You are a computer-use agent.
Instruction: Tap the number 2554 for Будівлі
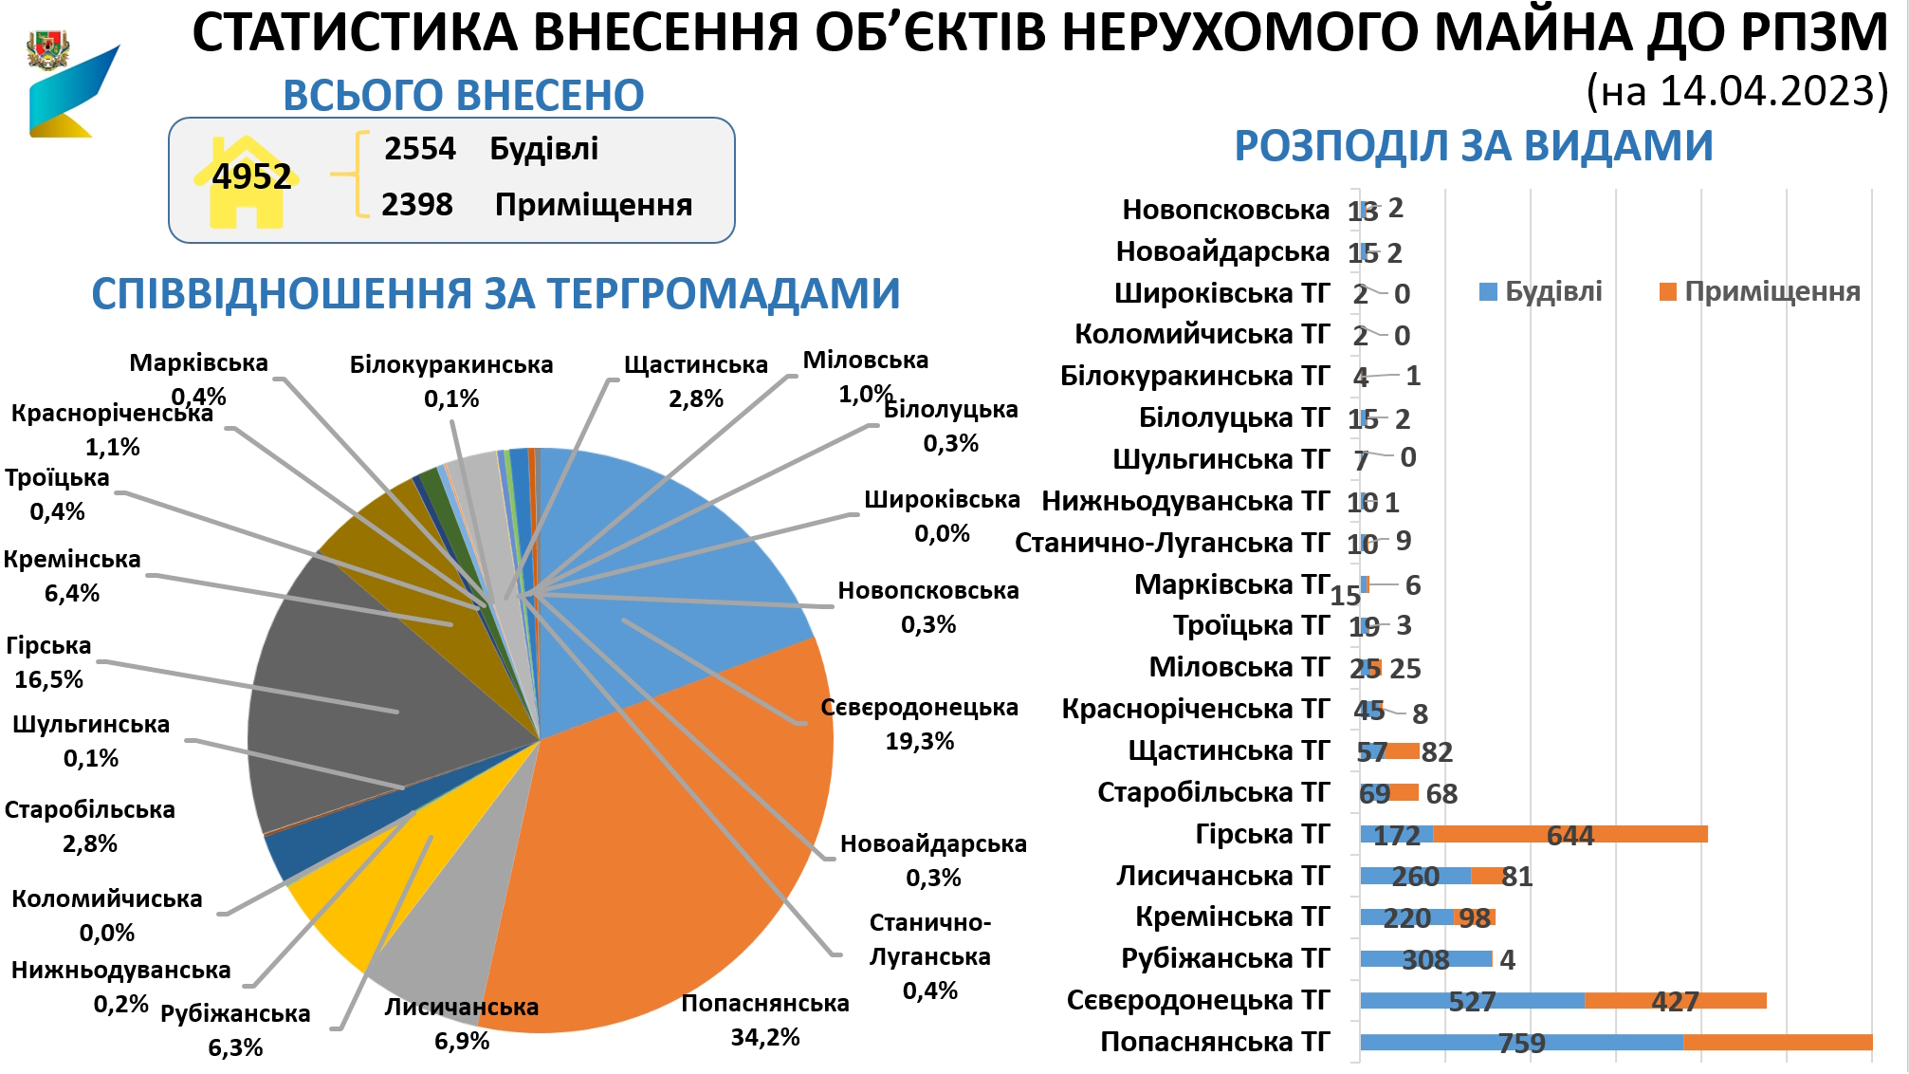point(419,149)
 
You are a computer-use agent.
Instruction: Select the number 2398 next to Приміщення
point(417,205)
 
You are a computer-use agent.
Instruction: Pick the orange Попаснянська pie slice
point(664,854)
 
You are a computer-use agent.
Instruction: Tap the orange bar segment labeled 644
point(1569,835)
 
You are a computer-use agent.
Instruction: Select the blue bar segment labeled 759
point(1521,1043)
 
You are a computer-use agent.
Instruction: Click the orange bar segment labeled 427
point(1675,1001)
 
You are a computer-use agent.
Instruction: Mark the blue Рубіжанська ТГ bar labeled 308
point(1425,959)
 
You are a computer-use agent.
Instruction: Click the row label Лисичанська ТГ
point(1223,876)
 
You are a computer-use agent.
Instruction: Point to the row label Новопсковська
point(1226,210)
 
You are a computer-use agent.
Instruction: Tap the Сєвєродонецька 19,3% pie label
point(919,724)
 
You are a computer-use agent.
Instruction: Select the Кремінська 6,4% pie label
point(72,576)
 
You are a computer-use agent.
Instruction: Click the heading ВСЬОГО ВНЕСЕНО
point(463,95)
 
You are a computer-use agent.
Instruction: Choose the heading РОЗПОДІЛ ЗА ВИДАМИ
point(1473,146)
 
